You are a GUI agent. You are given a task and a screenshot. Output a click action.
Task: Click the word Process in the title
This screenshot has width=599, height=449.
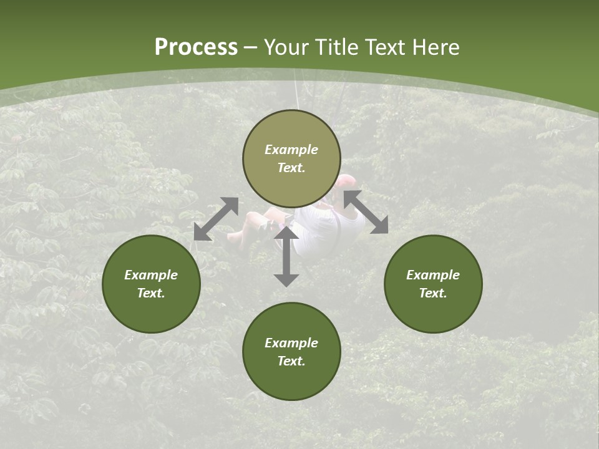(x=196, y=47)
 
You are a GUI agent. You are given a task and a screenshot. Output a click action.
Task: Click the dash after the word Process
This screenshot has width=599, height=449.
(x=251, y=49)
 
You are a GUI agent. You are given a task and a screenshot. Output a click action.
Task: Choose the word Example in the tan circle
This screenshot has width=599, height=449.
(x=291, y=150)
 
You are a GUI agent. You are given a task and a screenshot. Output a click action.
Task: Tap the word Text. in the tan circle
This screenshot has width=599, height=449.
(x=291, y=168)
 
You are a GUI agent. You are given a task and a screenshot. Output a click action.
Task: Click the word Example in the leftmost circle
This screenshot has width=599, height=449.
(x=151, y=275)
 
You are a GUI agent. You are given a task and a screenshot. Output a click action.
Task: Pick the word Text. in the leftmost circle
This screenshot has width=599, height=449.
(x=151, y=293)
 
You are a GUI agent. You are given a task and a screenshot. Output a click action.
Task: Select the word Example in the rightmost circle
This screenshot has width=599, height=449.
(x=433, y=275)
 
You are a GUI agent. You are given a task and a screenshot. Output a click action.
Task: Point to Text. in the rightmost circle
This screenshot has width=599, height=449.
(x=433, y=293)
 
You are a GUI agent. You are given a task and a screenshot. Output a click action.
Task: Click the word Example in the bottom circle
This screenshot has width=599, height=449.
(x=291, y=343)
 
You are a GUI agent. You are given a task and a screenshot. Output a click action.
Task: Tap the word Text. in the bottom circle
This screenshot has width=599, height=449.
(x=291, y=361)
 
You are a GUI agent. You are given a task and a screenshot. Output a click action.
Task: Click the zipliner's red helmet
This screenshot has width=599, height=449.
(x=345, y=183)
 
